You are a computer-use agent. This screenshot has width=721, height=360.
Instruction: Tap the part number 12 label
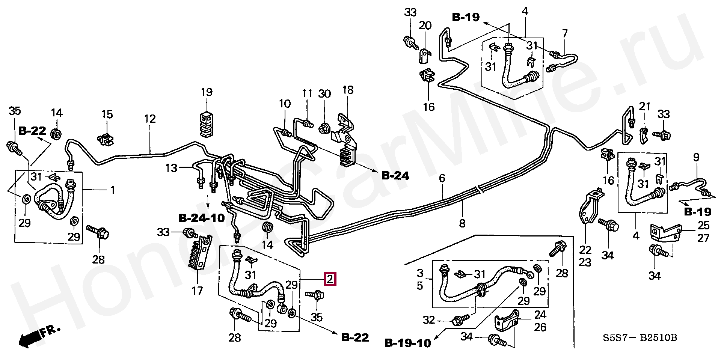149,119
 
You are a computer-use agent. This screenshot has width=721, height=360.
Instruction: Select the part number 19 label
207,92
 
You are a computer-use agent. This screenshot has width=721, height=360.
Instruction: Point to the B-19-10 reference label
408,343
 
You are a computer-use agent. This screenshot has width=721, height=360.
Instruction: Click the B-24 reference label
395,175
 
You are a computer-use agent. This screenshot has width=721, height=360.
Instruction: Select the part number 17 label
198,290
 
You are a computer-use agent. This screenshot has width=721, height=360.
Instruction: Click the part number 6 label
442,178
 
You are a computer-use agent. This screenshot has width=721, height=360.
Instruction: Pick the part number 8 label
462,223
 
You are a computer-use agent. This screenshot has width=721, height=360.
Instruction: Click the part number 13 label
171,168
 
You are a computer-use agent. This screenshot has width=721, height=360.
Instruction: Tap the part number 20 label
425,26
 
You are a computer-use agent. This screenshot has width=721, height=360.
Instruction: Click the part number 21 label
644,107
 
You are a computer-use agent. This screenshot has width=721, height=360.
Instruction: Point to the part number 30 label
324,94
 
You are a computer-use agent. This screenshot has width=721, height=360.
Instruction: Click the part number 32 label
429,320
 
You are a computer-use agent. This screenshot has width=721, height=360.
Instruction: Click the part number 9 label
696,157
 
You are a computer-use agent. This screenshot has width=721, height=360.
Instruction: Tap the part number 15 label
107,114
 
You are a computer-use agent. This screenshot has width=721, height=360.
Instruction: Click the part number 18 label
348,90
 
